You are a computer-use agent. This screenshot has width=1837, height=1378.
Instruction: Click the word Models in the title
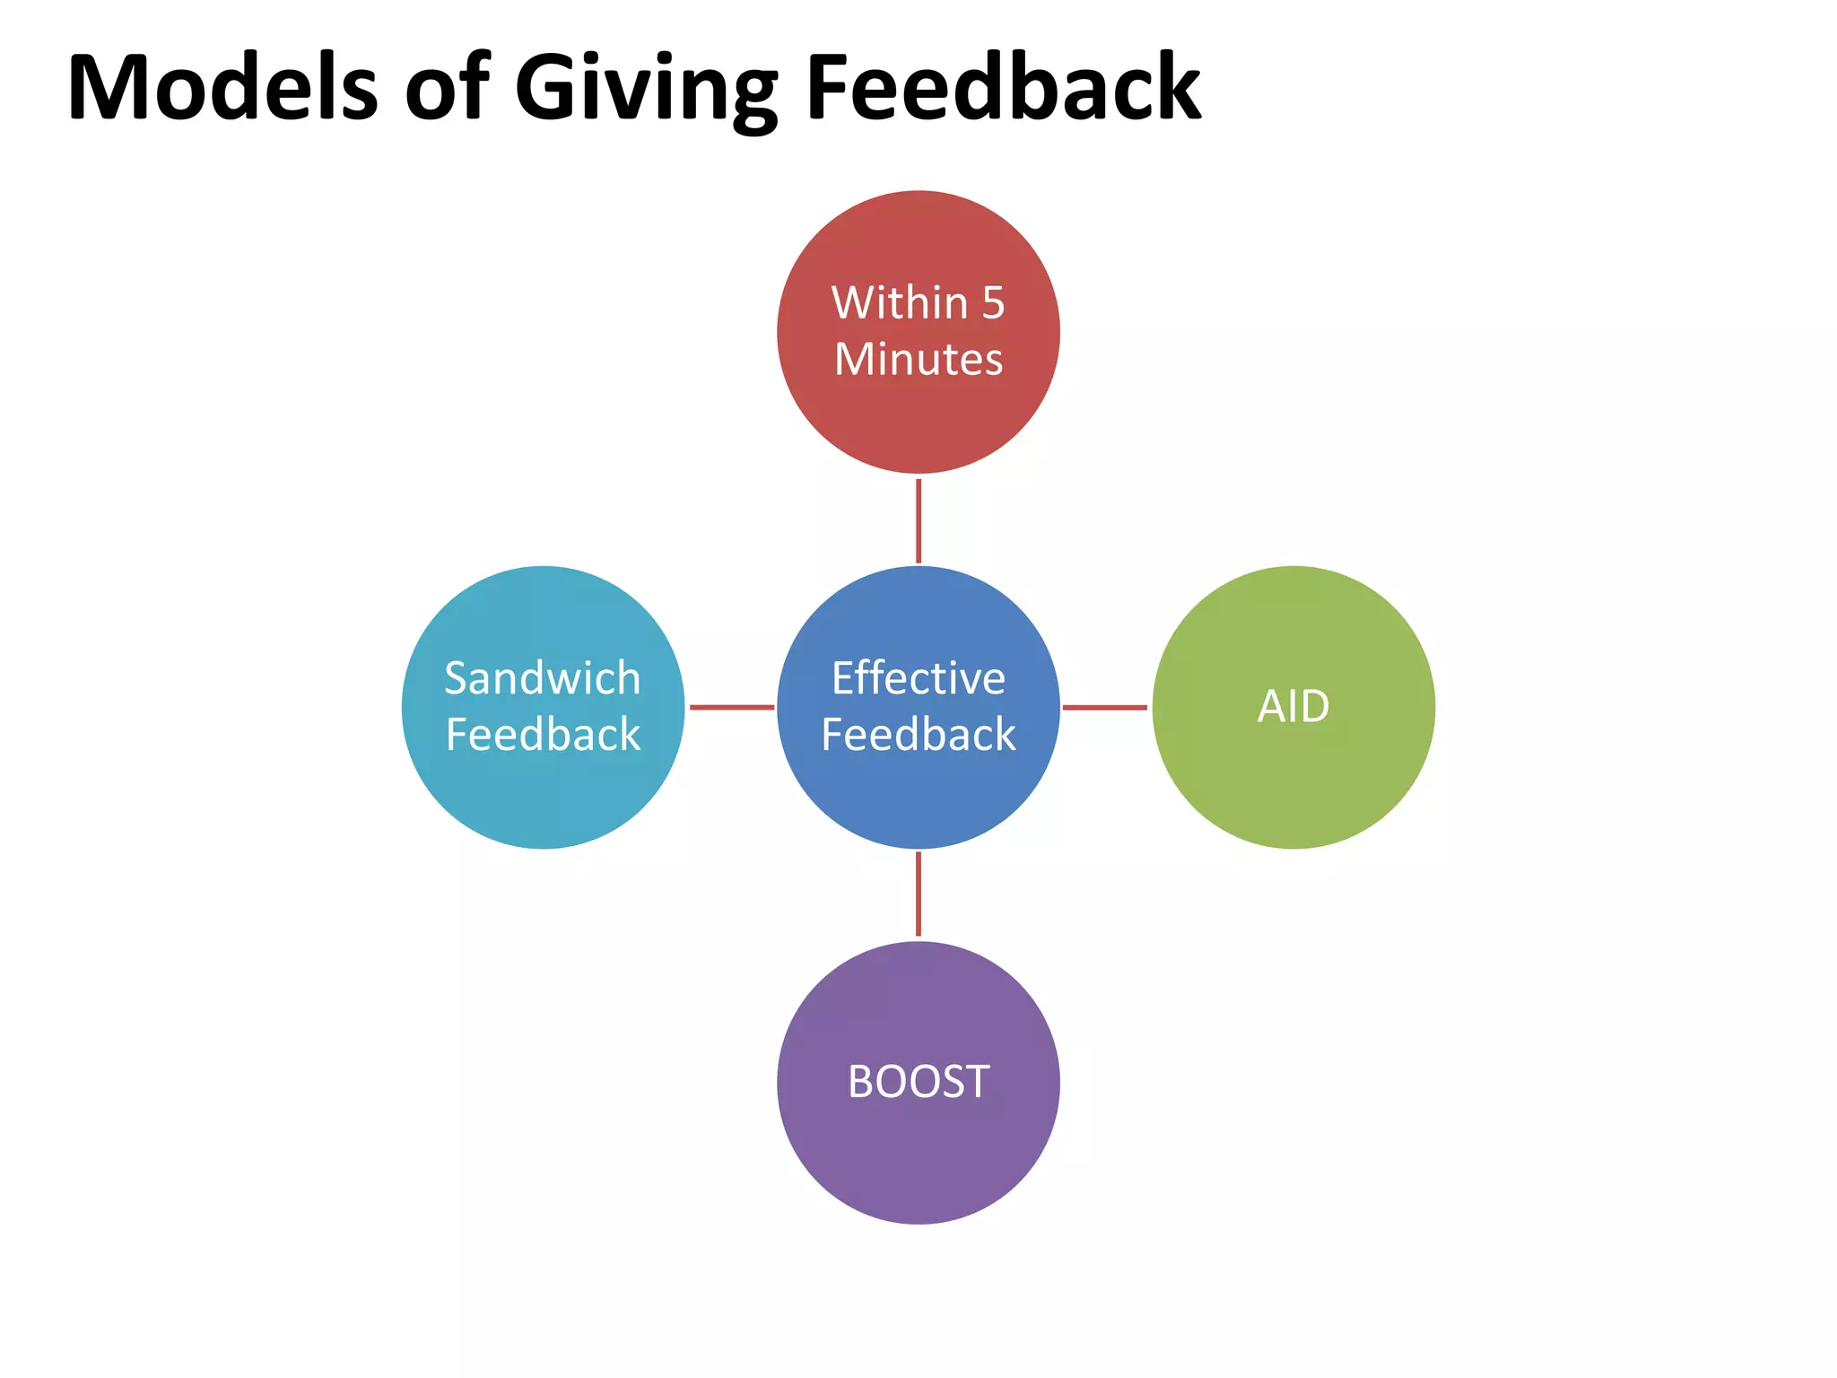[x=222, y=88]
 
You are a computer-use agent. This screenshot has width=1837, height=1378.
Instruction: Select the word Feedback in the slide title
[x=1003, y=88]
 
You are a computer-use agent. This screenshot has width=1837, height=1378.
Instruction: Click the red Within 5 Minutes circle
[x=918, y=413]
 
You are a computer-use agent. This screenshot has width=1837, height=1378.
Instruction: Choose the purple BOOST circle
[x=918, y=1157]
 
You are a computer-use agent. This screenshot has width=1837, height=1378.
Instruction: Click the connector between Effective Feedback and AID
[x=1105, y=708]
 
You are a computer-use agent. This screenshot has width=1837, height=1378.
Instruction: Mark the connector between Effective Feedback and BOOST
[x=918, y=894]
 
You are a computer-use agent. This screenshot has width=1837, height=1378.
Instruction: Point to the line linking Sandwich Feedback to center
[x=732, y=708]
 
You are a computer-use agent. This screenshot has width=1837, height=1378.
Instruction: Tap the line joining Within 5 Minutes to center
[x=918, y=520]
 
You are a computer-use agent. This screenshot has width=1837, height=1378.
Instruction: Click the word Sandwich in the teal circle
[x=543, y=678]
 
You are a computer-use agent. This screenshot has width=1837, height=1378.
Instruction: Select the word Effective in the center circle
[x=918, y=678]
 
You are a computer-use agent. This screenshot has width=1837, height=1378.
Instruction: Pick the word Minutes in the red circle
[x=918, y=360]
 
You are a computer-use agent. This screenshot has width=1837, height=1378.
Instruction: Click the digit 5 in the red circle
[x=993, y=303]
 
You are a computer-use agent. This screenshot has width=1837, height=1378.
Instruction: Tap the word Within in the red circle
[x=900, y=303]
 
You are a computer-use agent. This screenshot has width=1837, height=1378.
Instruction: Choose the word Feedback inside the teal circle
[x=544, y=735]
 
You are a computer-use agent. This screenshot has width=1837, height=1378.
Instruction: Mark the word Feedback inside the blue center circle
[x=918, y=735]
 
